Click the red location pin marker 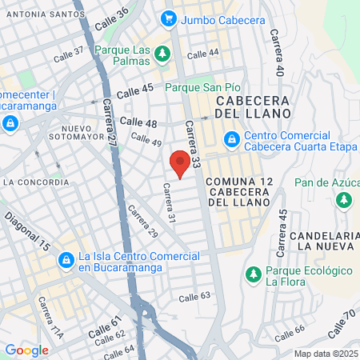coord(181,162)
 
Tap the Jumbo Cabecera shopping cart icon coord(168,18)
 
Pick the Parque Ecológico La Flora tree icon coord(253,274)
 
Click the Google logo coord(26,350)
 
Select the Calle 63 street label coord(194,297)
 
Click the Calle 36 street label coord(112,18)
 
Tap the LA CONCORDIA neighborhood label coord(35,182)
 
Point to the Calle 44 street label coord(202,54)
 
